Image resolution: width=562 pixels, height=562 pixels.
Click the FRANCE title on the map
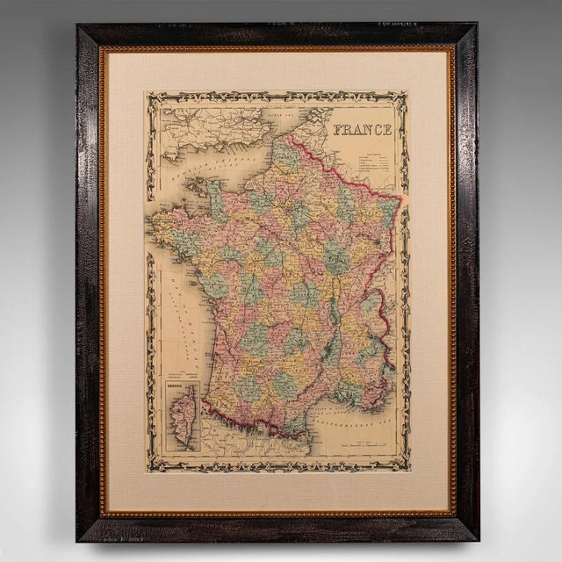tap(362, 130)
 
